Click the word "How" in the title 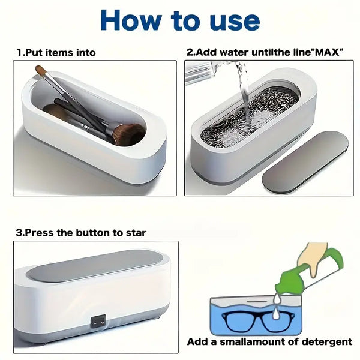point(131,20)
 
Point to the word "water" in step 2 point(234,53)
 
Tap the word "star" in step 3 point(136,233)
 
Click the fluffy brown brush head point(130,134)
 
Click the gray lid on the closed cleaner point(95,265)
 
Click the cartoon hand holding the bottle point(313,258)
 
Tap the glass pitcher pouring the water point(202,73)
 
